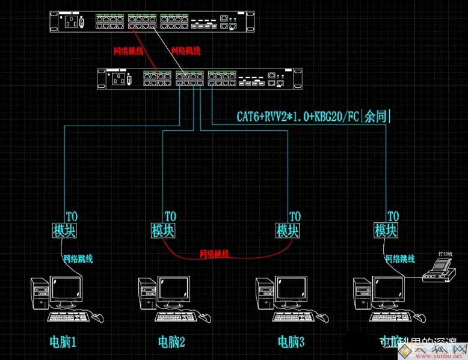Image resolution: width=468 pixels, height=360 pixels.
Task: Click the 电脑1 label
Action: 63,343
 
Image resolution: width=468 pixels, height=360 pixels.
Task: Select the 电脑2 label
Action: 171,343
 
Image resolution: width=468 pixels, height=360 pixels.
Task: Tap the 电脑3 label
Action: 291,343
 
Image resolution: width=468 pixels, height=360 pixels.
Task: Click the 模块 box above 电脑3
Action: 288,230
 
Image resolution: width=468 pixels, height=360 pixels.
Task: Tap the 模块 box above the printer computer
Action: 386,230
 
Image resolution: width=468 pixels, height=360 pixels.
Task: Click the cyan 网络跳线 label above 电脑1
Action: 78,259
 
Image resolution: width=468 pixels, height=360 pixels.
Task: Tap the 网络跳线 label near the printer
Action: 400,259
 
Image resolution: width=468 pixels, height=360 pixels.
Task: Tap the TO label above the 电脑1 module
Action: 71,216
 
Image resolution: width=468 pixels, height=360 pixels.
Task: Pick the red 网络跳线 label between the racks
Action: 128,51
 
